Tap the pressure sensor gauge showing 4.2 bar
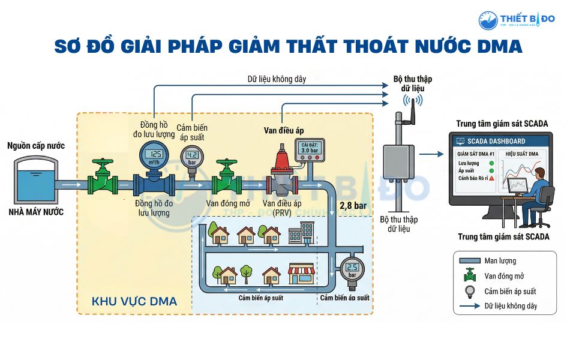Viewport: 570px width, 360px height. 193,157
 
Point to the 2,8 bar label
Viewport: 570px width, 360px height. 353,205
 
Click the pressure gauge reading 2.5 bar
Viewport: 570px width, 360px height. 352,269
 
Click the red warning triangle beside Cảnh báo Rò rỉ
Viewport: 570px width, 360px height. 491,178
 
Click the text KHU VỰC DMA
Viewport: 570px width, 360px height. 134,302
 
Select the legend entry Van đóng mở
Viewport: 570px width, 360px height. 505,276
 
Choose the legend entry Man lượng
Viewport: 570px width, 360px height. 500,261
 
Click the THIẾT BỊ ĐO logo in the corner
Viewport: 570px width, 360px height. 517,20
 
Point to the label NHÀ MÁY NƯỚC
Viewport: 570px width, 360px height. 35,212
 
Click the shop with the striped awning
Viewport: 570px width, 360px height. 302,274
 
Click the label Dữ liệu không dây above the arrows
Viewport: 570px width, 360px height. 273,79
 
